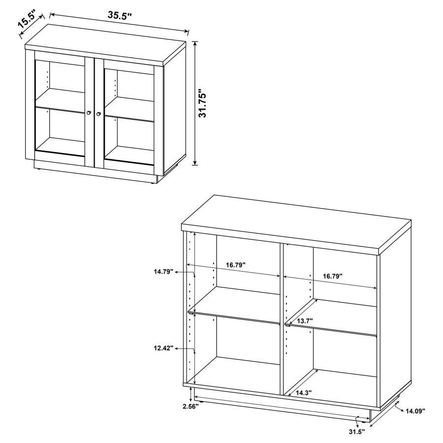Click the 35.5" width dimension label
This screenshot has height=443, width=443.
pyautogui.click(x=120, y=15)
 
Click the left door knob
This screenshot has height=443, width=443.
pyautogui.click(x=89, y=113)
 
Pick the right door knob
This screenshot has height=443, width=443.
pyautogui.click(x=99, y=114)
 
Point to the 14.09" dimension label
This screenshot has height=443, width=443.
pyautogui.click(x=415, y=410)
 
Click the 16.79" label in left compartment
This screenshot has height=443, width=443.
pyautogui.click(x=236, y=265)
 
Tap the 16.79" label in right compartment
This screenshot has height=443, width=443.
pyautogui.click(x=333, y=276)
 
